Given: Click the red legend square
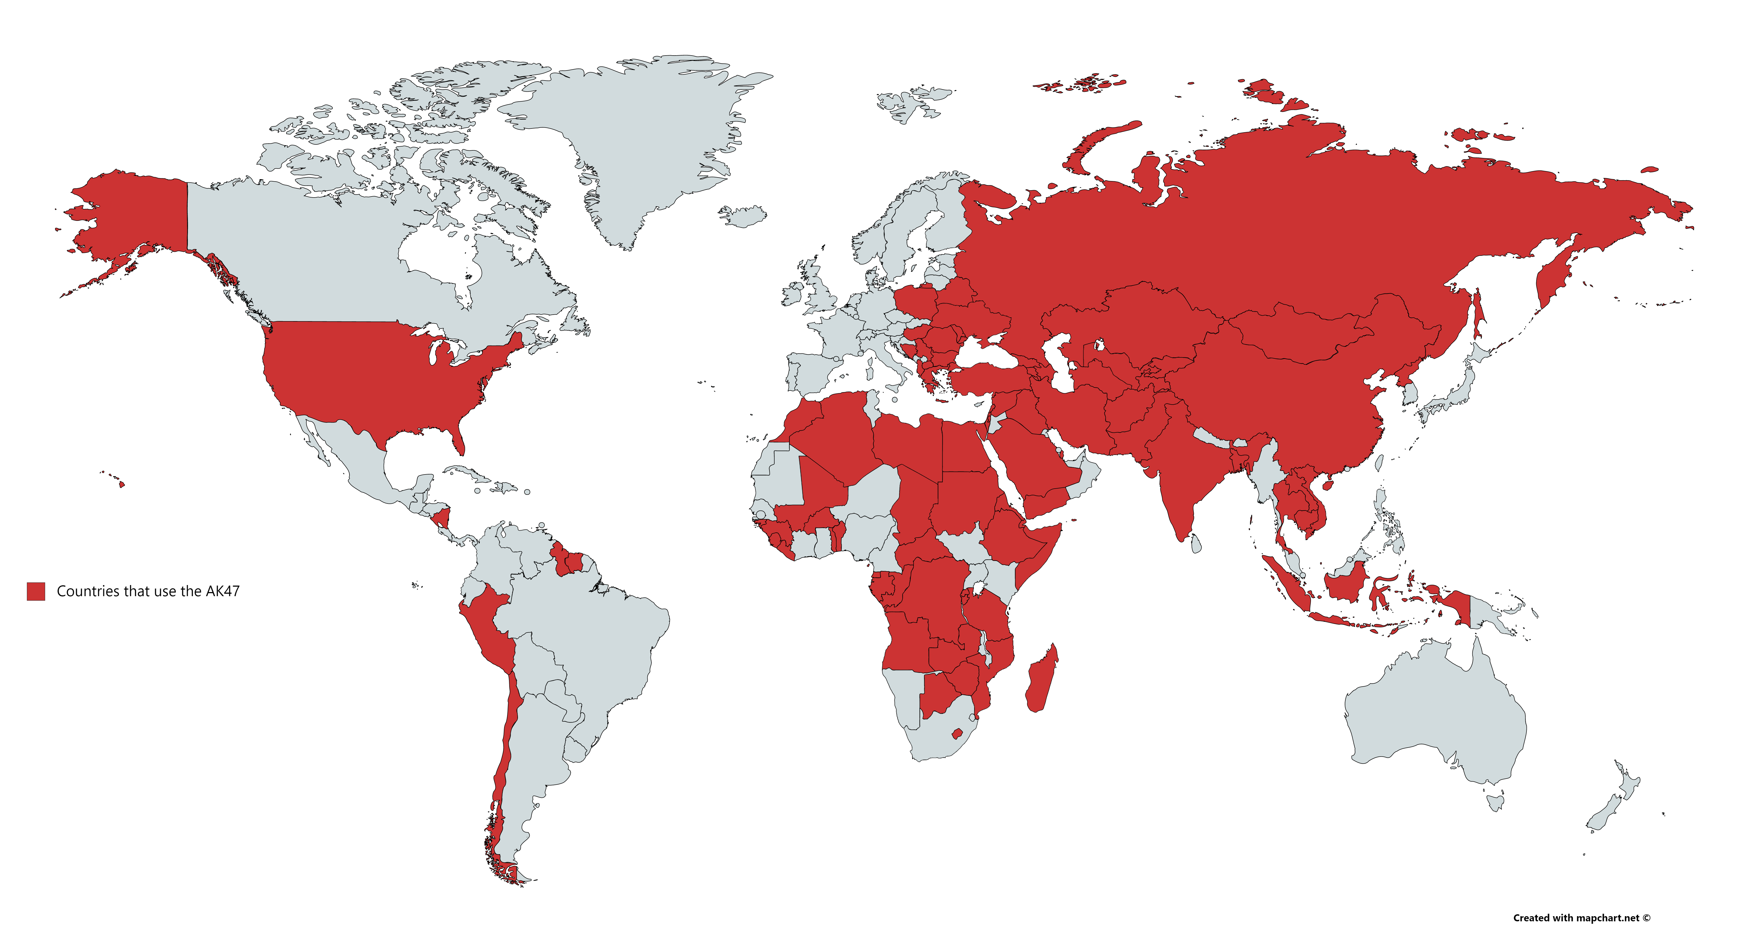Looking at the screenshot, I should pos(36,591).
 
